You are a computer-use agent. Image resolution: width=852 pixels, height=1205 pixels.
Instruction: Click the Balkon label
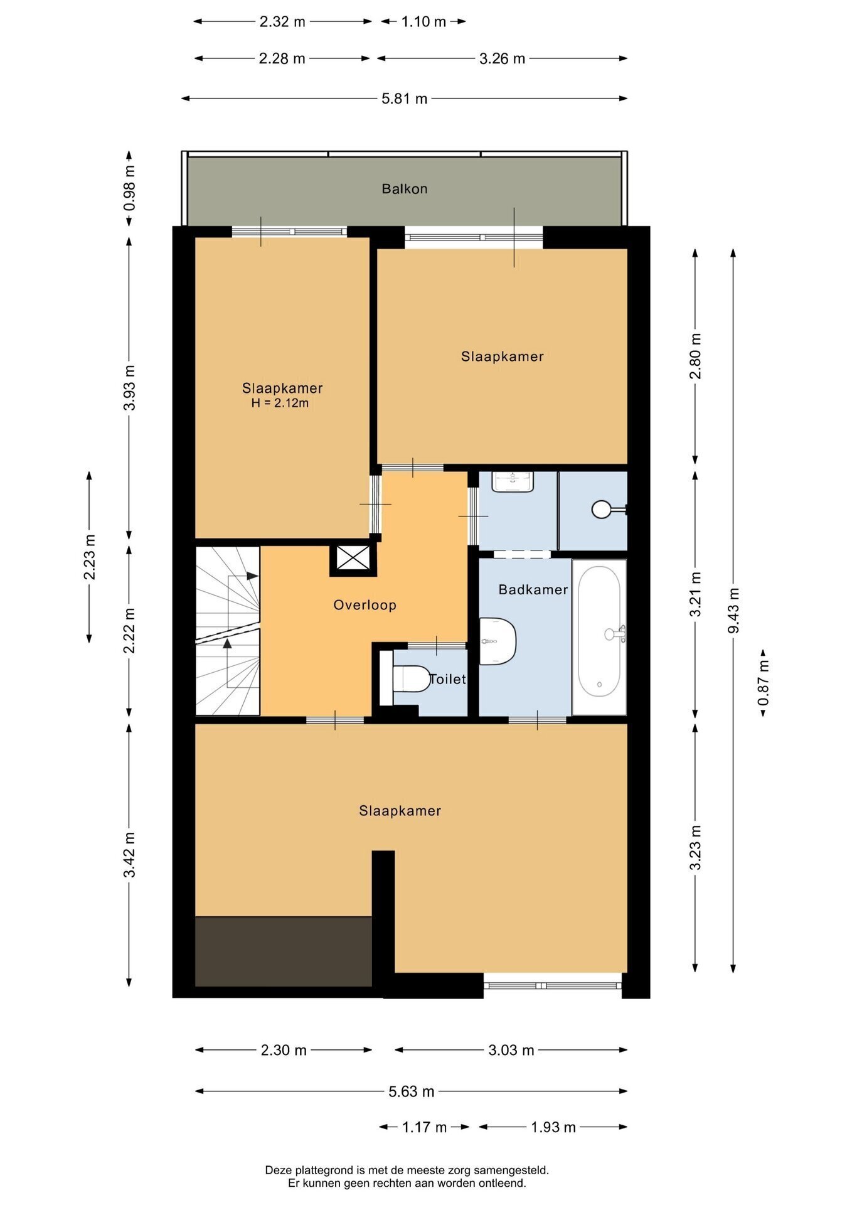click(x=405, y=189)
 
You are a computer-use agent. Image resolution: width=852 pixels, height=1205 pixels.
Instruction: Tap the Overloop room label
click(x=365, y=605)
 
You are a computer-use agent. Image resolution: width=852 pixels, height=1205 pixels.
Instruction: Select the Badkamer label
click(x=533, y=589)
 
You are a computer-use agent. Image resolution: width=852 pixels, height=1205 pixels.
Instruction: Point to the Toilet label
click(x=448, y=679)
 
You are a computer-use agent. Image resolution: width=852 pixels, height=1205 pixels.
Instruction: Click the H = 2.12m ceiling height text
click(x=280, y=403)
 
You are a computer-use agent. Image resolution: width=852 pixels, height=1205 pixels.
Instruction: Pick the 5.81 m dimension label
click(x=405, y=99)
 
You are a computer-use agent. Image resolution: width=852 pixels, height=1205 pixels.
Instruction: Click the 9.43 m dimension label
click(x=733, y=611)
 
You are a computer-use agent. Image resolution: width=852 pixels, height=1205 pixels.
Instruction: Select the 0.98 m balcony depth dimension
click(x=129, y=188)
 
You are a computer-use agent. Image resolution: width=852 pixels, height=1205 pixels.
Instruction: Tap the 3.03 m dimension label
click(x=511, y=1050)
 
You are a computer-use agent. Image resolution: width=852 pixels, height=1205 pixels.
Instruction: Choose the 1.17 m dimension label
click(x=424, y=1127)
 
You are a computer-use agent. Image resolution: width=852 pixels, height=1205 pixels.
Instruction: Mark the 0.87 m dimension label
click(x=763, y=683)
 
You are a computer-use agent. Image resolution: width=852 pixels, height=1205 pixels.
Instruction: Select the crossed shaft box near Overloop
click(x=353, y=558)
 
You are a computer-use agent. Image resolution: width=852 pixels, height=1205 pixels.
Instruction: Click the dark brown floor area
click(x=284, y=951)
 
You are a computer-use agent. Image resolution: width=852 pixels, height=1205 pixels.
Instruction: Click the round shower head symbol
click(x=601, y=509)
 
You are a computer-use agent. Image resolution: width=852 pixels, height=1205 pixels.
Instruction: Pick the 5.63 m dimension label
click(x=412, y=1091)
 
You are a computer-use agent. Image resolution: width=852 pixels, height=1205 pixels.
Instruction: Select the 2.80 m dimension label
click(x=695, y=356)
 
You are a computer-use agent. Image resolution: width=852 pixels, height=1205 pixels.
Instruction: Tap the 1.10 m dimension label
click(x=423, y=22)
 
